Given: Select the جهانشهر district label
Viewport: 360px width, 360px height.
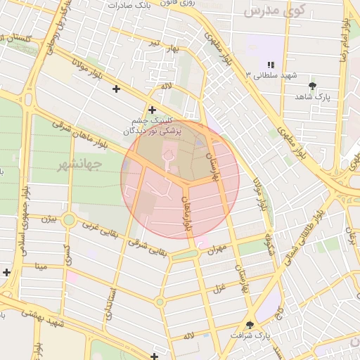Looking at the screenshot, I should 78,165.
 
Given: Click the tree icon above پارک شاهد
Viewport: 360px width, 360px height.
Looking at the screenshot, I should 312,86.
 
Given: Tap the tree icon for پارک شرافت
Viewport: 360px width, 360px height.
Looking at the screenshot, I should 250,324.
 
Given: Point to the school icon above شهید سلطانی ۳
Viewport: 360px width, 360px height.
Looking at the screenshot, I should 271,65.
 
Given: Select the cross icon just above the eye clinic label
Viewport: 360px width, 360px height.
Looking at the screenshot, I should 152,110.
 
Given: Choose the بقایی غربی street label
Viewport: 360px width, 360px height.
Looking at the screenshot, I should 98,231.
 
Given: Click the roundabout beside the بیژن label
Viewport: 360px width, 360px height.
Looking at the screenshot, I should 69,220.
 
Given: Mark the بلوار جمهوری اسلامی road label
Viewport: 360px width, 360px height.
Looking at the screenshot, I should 25,218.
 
